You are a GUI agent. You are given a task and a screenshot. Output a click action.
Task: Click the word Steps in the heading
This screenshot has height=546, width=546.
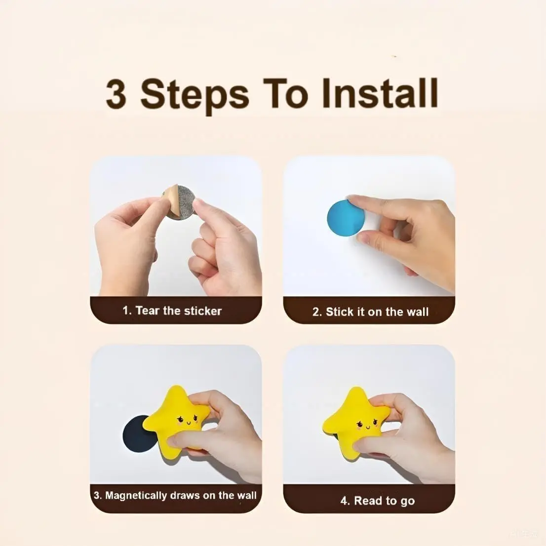(195, 95)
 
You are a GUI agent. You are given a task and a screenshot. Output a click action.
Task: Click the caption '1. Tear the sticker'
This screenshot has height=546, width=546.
(172, 311)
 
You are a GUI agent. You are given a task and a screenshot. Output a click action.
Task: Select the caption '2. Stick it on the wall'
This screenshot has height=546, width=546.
(370, 312)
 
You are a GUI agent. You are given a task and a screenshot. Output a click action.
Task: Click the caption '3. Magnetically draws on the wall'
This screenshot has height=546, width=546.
(175, 495)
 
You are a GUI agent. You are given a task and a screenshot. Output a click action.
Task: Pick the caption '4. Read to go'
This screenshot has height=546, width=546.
(377, 501)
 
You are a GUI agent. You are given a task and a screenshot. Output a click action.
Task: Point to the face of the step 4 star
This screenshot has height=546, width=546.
(365, 423)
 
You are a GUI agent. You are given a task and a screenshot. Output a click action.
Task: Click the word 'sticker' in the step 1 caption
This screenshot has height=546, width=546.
(203, 311)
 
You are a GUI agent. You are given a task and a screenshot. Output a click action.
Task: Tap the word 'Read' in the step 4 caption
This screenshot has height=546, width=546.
(368, 501)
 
